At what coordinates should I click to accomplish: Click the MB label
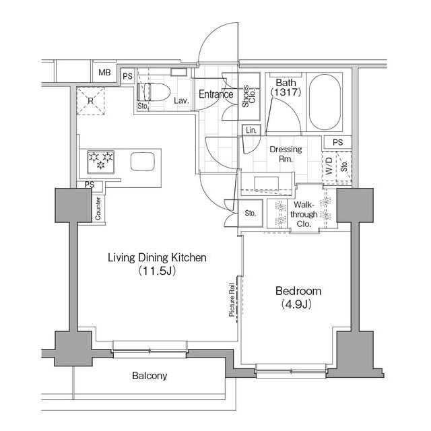104,73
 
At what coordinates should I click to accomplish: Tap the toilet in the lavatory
154,92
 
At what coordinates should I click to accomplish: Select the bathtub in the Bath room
325,102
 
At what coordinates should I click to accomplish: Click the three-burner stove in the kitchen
100,162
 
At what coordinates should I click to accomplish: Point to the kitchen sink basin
143,162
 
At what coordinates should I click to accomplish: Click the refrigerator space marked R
90,101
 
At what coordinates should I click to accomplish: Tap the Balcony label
150,376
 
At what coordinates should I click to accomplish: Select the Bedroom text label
298,291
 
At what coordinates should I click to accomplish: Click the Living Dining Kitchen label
157,258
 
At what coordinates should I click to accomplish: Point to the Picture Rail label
232,300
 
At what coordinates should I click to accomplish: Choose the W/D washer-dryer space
329,166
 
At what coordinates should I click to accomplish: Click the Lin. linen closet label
251,130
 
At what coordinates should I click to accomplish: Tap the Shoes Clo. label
248,96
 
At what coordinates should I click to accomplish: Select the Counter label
98,209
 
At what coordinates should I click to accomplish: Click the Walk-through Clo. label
304,214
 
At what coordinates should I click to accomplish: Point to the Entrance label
215,94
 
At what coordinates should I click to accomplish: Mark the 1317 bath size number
286,92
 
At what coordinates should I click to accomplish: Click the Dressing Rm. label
286,154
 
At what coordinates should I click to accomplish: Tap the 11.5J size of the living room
157,271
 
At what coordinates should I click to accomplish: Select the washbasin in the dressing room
267,184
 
